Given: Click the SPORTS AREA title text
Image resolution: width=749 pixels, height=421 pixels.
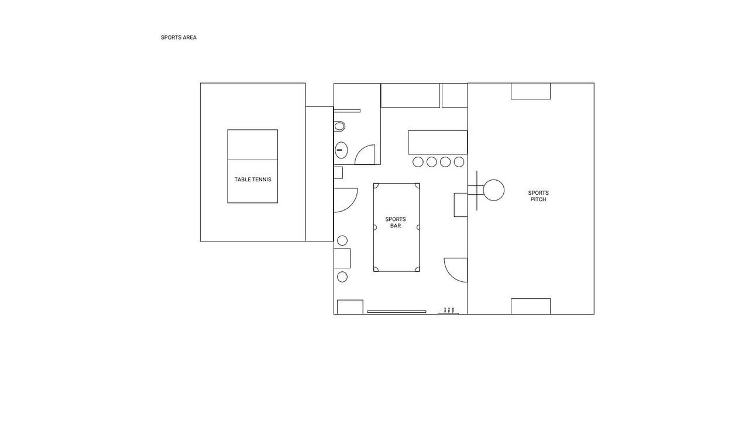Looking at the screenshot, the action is click(x=178, y=37).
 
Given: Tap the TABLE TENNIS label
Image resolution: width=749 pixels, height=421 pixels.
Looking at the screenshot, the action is click(x=253, y=180).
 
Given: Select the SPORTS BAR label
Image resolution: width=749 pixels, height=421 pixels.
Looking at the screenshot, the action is click(x=396, y=223).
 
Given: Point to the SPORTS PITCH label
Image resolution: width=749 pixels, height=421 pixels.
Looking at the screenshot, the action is click(x=538, y=196).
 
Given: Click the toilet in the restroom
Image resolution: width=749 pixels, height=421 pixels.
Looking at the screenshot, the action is click(x=339, y=126).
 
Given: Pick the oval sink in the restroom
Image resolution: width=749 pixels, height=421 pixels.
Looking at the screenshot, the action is click(x=341, y=150).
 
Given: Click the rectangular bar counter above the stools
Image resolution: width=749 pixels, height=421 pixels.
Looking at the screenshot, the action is click(x=438, y=142).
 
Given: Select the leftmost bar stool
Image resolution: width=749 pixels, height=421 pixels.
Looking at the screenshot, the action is click(x=418, y=162).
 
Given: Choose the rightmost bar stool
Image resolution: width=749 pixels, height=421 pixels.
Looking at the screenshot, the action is click(x=459, y=162).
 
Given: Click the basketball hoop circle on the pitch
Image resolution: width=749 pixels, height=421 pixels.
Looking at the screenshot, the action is click(x=494, y=190).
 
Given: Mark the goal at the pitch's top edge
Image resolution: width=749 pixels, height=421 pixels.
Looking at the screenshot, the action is click(x=531, y=91).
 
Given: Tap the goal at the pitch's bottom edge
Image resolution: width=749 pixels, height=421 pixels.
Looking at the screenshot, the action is click(x=531, y=306).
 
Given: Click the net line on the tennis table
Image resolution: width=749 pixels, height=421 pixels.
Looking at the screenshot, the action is click(x=253, y=160).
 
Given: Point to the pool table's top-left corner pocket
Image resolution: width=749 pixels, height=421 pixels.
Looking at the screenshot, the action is click(x=376, y=185).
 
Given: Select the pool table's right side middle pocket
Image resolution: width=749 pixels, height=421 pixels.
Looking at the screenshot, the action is click(x=418, y=227).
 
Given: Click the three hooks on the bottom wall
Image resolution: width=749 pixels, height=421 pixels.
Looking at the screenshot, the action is click(x=448, y=311).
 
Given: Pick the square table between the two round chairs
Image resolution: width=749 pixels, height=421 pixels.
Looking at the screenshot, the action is click(x=342, y=258).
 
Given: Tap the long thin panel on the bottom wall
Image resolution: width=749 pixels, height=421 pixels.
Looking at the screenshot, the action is click(x=397, y=312).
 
